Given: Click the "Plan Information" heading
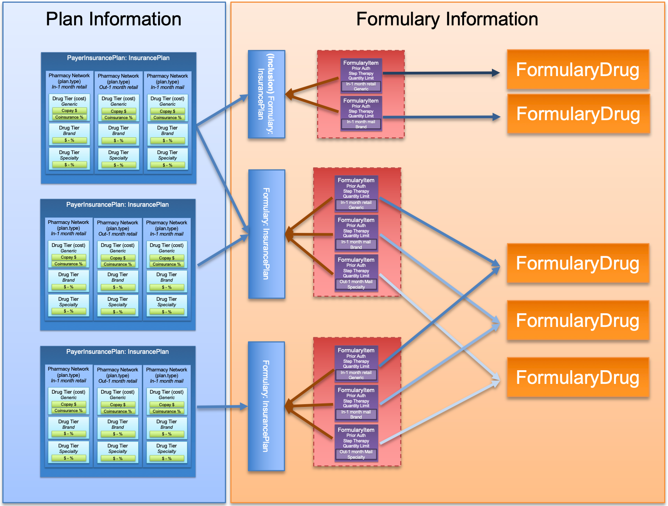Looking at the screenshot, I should coord(114,19).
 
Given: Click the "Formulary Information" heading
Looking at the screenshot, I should coord(447,19).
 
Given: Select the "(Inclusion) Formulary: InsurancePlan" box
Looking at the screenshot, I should coord(267,94).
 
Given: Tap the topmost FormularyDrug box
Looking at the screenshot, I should coord(578,70).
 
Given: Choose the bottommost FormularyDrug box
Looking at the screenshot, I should coord(578,377).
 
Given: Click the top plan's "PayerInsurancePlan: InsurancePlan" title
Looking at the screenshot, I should coord(118,58).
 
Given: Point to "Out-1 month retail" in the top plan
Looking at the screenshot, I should coord(118,87).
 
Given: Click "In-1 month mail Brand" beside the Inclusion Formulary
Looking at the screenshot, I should coord(361,124).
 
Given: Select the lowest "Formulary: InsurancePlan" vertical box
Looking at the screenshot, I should coord(266,406).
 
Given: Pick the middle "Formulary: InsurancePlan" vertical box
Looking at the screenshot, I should coord(267,234).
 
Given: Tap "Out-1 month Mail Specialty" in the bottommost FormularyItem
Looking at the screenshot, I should coord(356,454).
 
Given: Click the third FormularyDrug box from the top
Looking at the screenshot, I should coord(578,263).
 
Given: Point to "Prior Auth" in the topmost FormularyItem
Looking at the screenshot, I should coord(361,68).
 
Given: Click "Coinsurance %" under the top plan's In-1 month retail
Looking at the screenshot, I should coord(69,117).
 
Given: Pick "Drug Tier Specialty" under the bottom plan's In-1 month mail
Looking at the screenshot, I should coord(167,448).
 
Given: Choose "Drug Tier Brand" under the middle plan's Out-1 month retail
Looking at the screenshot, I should coord(118,277).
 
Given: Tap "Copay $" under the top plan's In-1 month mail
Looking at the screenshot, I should coord(167,111).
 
